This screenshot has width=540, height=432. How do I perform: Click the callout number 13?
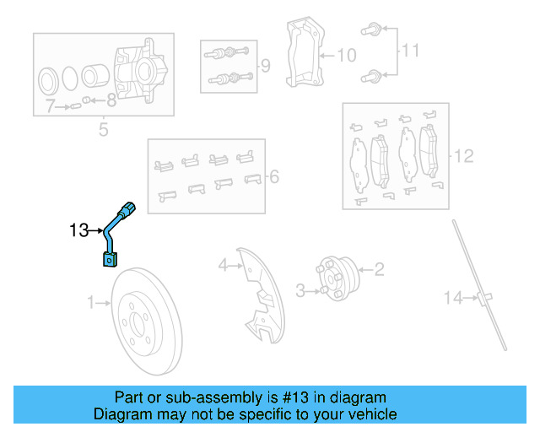coord(78,229)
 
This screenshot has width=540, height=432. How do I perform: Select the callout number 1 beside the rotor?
coord(92,301)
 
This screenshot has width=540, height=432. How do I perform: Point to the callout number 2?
coord(379,270)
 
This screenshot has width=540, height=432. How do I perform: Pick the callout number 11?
coord(409,51)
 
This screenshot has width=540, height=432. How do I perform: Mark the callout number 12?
coord(464,156)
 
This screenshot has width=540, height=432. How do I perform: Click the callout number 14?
coord(454,297)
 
